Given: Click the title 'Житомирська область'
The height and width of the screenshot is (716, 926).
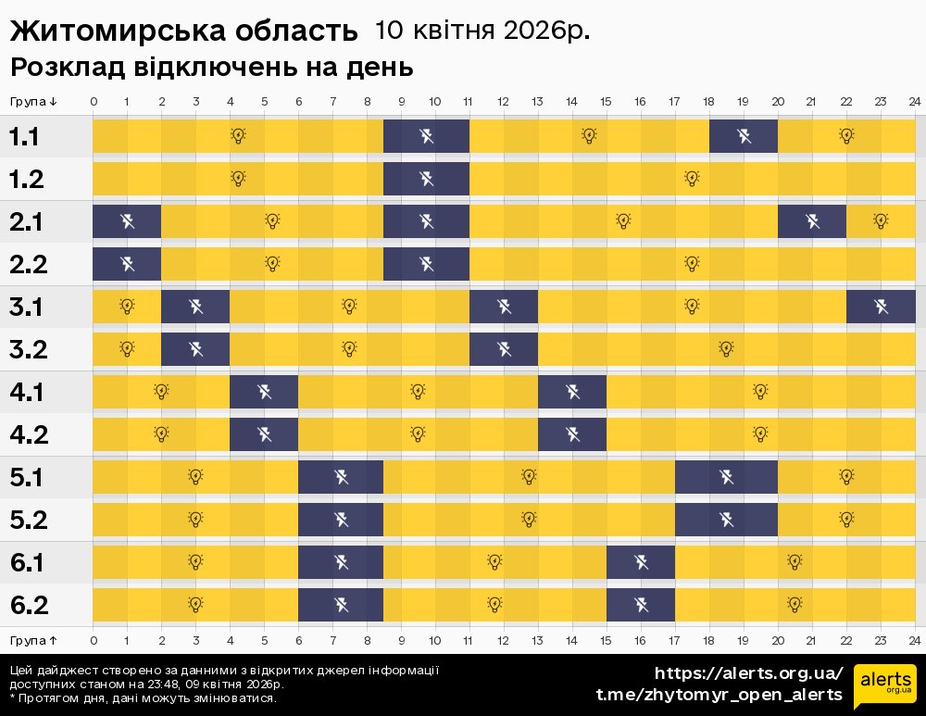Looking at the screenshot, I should [x=183, y=31].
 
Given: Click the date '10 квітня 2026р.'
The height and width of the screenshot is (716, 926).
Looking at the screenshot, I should [x=482, y=31].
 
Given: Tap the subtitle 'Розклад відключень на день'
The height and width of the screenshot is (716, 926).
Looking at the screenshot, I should [x=211, y=68].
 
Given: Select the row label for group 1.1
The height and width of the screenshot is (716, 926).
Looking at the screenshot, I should [x=25, y=137].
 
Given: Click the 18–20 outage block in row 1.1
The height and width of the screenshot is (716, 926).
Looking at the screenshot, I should [x=744, y=137].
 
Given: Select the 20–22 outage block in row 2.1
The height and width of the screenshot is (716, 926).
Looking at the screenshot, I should [x=812, y=221].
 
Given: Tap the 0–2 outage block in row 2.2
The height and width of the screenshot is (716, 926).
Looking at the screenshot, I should [x=127, y=264].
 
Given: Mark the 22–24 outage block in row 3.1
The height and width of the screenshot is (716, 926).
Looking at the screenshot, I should [x=881, y=307].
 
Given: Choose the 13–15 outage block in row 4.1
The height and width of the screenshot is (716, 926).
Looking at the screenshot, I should [x=572, y=392].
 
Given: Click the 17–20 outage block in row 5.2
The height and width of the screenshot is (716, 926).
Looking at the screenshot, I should [x=727, y=519].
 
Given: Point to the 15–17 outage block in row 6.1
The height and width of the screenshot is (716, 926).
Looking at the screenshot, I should [x=641, y=562].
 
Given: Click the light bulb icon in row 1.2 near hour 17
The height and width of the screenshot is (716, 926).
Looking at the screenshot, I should [x=692, y=178].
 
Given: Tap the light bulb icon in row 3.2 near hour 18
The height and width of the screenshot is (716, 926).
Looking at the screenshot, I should [x=726, y=349].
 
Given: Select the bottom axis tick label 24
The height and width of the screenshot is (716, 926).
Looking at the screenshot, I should [x=914, y=640].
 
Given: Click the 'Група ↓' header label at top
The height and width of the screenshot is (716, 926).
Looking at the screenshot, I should [x=34, y=102].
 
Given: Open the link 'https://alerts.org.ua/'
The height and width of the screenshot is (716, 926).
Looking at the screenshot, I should [x=748, y=673].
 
